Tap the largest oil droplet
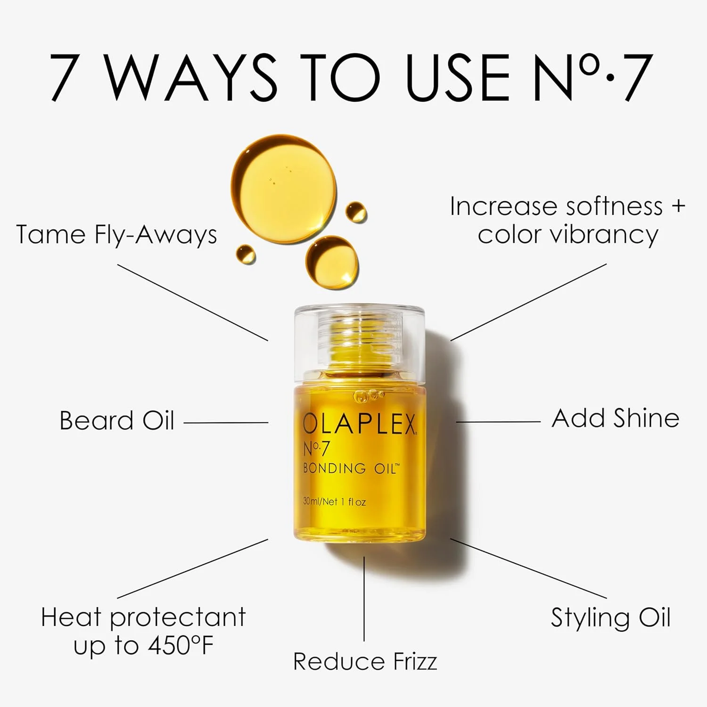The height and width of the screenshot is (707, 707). pyautogui.click(x=283, y=187)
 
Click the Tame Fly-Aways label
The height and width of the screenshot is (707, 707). pyautogui.click(x=116, y=234)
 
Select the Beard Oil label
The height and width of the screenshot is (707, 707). pyautogui.click(x=117, y=420)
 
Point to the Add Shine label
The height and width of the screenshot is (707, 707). pyautogui.click(x=615, y=418)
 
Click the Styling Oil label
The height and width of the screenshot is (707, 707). pyautogui.click(x=610, y=617)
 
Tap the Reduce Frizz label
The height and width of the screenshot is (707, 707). pyautogui.click(x=365, y=661)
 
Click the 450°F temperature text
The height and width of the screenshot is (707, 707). pyautogui.click(x=181, y=645)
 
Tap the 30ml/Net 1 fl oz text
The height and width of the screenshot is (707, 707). pyautogui.click(x=334, y=502)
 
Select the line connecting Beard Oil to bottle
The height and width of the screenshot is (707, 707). pyautogui.click(x=226, y=423)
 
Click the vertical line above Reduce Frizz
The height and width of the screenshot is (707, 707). pyautogui.click(x=364, y=599)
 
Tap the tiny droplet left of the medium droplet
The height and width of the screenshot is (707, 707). pyautogui.click(x=246, y=254)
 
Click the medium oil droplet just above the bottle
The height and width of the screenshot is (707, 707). pyautogui.click(x=332, y=262)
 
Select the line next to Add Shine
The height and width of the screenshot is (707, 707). pyautogui.click(x=498, y=422)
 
